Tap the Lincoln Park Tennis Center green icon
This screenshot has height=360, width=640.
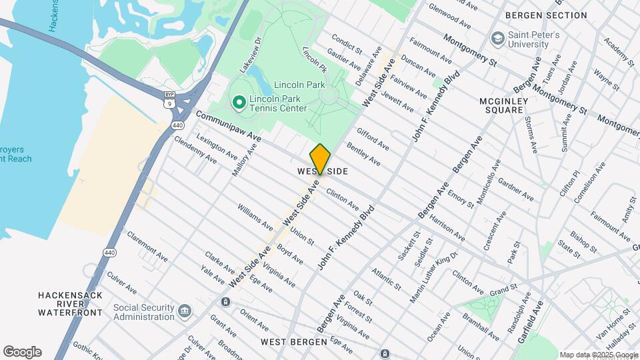click(x=239, y=102)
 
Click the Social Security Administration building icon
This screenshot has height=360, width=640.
click(x=185, y=311)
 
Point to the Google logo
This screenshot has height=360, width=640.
click(x=22, y=352)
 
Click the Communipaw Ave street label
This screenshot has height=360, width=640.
click(x=228, y=126)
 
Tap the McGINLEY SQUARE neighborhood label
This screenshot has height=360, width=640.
click(x=503, y=106)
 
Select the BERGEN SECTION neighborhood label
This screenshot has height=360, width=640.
click(x=546, y=15)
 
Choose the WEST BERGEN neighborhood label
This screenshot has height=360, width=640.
click(x=293, y=342)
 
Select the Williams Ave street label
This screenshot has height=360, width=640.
click(x=255, y=216)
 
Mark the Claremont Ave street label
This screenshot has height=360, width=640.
click(x=147, y=246)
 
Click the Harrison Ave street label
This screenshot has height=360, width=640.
click(x=447, y=227)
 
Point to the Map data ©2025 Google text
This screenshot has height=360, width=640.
click(x=599, y=355)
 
